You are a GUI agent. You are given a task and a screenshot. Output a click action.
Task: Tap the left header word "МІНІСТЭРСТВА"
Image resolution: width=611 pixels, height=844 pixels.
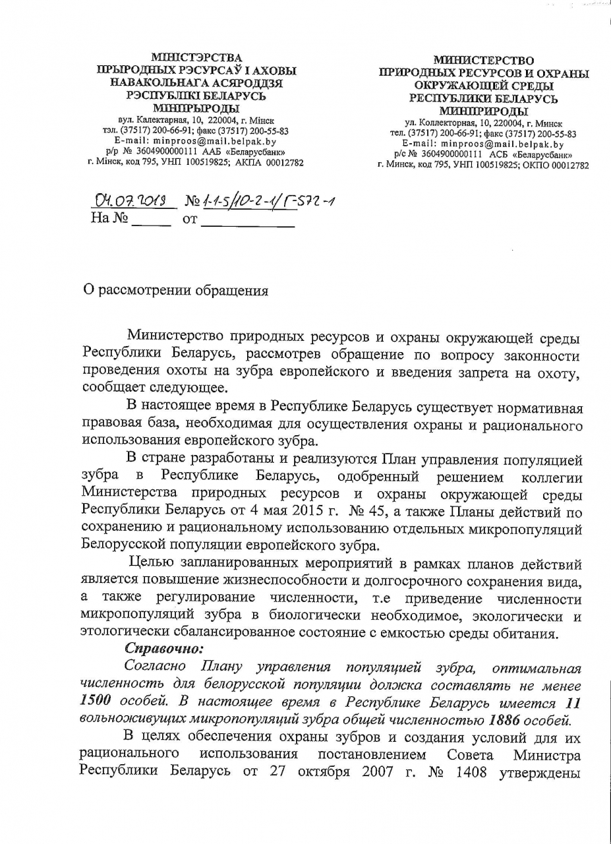pos(196,58)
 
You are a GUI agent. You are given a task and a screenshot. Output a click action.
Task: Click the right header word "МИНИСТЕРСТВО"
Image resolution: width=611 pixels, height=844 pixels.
pos(483,61)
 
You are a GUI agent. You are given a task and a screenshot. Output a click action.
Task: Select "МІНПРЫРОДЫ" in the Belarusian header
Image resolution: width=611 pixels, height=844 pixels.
pos(196,108)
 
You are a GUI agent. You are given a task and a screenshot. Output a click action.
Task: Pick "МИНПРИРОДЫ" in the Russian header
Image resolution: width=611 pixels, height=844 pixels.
pos(483,111)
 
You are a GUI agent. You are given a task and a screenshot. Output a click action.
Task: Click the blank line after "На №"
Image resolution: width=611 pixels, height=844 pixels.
pos(151,223)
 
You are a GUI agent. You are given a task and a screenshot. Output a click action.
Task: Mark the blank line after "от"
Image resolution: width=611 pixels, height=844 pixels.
pos(247,224)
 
